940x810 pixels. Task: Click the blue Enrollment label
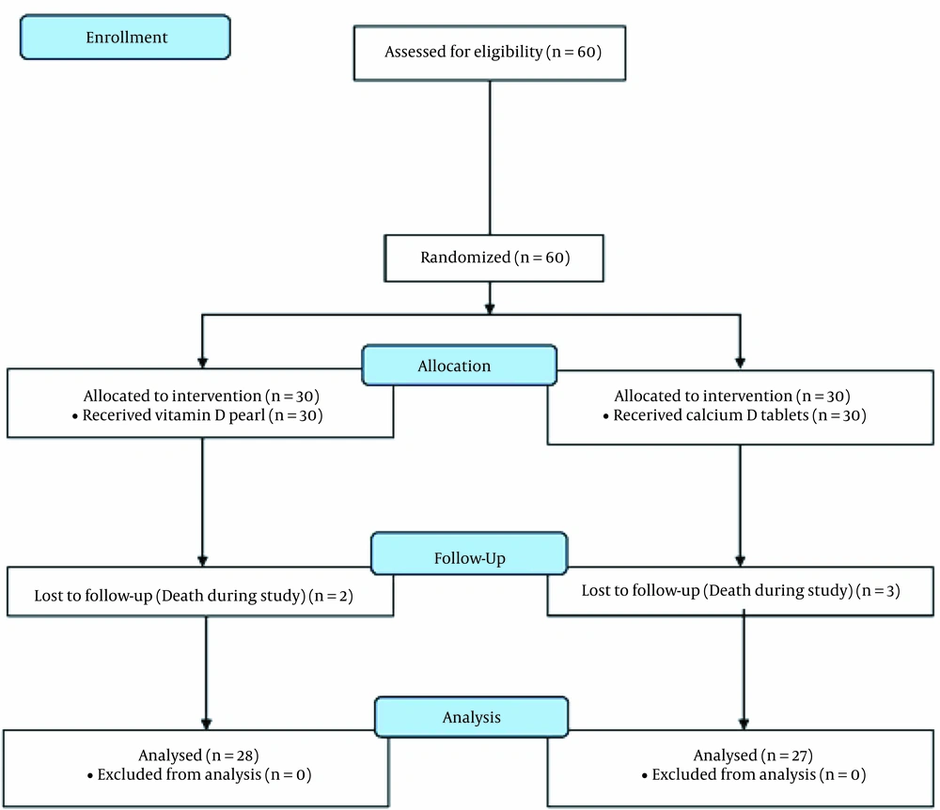125,38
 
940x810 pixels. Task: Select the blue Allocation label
460,365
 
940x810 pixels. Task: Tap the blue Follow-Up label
469,553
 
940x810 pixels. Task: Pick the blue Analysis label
471,717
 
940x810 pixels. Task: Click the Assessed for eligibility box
490,53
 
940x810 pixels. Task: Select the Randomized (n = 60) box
494,258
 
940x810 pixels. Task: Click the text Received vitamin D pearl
174,415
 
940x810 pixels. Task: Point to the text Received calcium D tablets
711,415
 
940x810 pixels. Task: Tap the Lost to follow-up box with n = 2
200,591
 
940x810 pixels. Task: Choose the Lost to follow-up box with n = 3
741,591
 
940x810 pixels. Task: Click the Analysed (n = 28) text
198,755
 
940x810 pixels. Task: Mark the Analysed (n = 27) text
753,755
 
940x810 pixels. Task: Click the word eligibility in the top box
508,52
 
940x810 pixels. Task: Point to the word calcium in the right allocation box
714,415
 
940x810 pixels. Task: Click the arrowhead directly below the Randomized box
490,309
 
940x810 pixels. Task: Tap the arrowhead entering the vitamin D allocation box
203,363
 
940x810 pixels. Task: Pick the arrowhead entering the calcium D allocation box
741,363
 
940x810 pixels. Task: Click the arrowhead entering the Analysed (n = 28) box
206,724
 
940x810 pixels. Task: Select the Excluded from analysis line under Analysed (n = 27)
754,774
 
